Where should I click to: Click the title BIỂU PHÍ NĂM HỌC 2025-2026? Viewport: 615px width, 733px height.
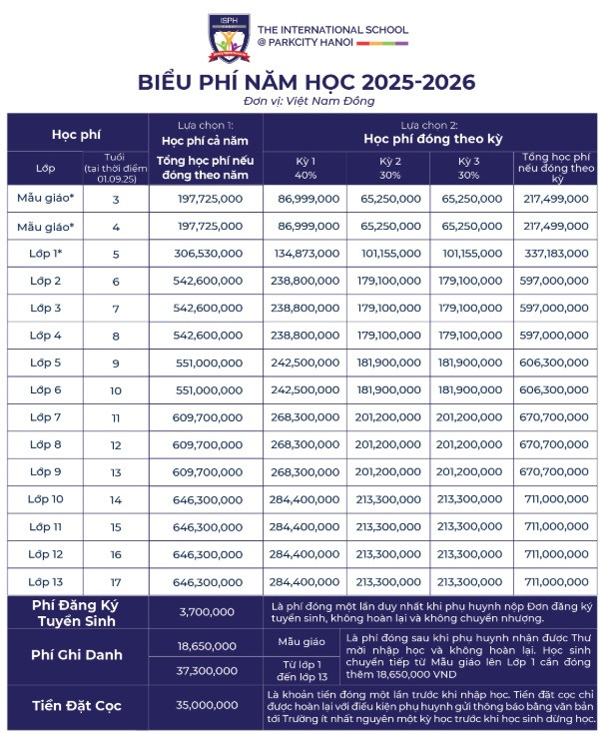(x=307, y=82)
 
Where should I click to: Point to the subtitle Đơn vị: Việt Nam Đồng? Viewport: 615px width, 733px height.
(x=307, y=101)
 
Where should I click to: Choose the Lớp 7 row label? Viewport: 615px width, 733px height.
(x=45, y=416)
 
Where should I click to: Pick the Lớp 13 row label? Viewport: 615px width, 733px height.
(x=46, y=581)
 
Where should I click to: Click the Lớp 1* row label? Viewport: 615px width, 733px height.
(x=46, y=254)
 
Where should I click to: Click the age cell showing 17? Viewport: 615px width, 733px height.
(x=115, y=581)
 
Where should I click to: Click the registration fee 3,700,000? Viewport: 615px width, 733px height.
(x=206, y=611)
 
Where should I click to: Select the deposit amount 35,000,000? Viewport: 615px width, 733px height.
(x=206, y=705)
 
